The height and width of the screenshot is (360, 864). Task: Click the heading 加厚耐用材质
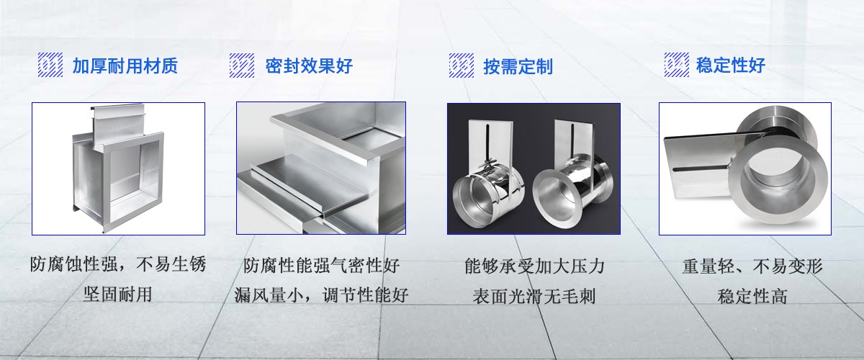pos(125,66)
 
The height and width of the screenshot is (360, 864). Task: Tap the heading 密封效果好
pos(309,66)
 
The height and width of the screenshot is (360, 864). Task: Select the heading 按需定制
pos(518,67)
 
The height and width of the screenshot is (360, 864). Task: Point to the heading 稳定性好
pos(731,65)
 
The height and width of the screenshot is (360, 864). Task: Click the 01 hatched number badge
pos(50,65)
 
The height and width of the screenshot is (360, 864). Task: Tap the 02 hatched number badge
pos(242,66)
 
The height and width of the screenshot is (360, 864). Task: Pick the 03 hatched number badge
pos(462,66)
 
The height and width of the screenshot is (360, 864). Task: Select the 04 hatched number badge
pos(677,64)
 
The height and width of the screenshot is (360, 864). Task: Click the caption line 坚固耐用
pos(117,294)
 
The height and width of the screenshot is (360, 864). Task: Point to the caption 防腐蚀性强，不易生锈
pos(118,265)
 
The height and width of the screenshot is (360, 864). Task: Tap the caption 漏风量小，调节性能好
pos(321,295)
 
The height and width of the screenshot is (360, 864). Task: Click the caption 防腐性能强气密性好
pos(321,266)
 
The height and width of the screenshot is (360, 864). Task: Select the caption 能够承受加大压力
pos(534,266)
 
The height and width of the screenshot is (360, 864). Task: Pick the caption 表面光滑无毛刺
pos(534,297)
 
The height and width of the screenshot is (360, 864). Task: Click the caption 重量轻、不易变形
pos(752,266)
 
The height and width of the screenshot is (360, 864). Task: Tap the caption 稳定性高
pos(752,297)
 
